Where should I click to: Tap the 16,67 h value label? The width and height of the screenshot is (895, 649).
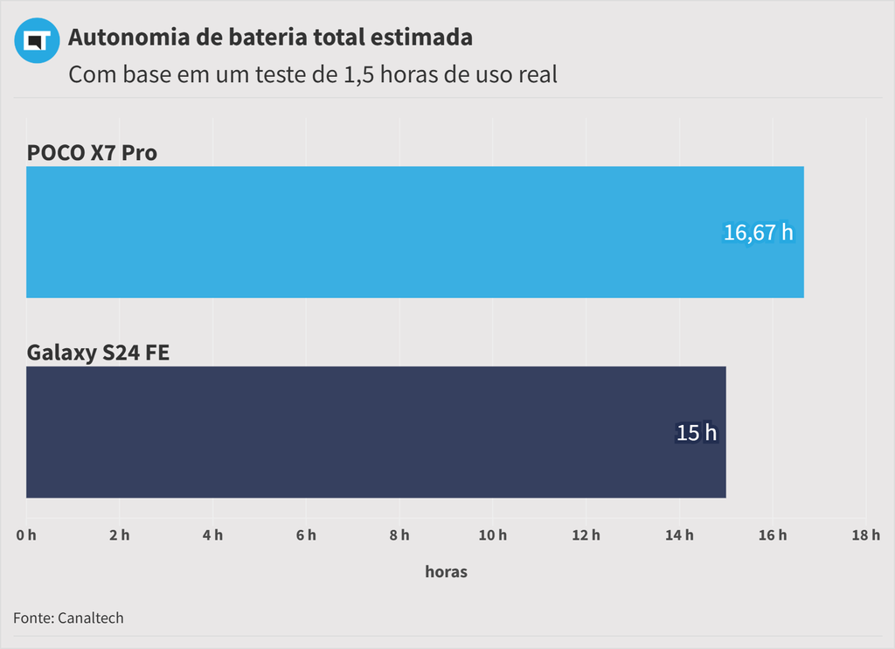point(758,233)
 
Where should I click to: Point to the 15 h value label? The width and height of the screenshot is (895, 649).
point(697,432)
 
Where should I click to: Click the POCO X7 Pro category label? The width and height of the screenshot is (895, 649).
point(92,152)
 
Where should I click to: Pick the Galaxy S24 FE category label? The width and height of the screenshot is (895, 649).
point(98,352)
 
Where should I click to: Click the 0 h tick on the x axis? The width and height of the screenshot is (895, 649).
point(26,535)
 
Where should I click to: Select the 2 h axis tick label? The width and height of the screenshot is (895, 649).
point(120,535)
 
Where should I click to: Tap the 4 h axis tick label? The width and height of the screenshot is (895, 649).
point(212,535)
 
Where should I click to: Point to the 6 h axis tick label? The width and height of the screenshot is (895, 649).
point(306,535)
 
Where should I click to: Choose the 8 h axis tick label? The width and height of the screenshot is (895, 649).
point(399,535)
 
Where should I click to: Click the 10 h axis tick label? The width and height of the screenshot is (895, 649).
point(493,535)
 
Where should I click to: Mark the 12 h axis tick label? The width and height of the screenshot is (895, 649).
point(586,535)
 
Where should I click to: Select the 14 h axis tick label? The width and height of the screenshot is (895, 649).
point(679,535)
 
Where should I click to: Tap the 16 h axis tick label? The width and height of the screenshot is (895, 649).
point(773,535)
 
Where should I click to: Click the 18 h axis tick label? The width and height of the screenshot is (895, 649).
point(865,535)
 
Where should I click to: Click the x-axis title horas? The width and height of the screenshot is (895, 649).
point(446,572)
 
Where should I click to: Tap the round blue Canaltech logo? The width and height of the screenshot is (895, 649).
point(37,40)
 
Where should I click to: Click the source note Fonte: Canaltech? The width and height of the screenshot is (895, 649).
point(68,618)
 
